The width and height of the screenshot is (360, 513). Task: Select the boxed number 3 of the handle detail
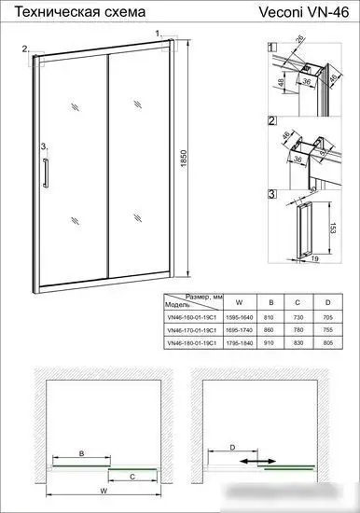[271, 194]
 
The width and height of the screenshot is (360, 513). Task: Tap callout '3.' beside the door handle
[44, 146]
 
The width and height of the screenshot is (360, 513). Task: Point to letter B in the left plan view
[81, 453]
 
